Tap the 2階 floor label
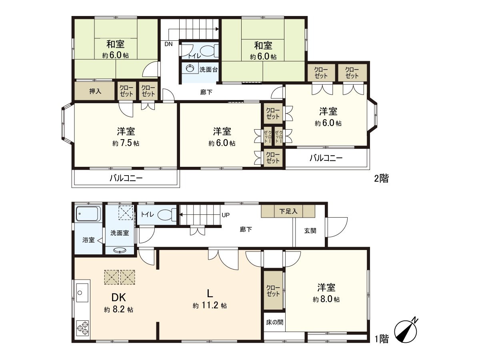point(381,179)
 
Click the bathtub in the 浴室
point(87,214)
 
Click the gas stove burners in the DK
point(83,328)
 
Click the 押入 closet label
point(95,91)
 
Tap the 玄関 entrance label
point(310,231)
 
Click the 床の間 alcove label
point(274,322)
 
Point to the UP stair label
point(226,215)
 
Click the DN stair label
point(168,44)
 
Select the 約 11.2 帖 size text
point(210,306)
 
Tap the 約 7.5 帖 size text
point(126,143)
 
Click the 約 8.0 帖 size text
point(326,299)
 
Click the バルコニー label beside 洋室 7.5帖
point(126,179)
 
